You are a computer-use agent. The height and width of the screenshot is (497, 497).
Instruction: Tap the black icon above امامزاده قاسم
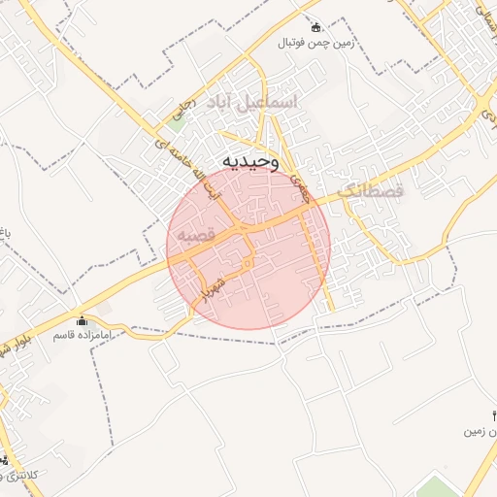pyautogui.click(x=81, y=320)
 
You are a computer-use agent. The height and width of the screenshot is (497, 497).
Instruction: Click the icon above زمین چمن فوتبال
pyautogui.click(x=315, y=26)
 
